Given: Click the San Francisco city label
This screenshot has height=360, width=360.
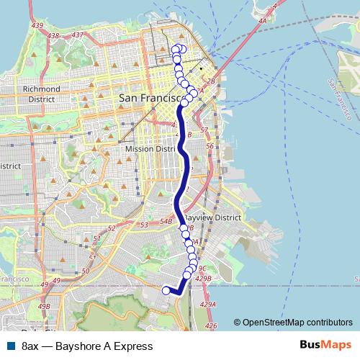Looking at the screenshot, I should (x=148, y=97).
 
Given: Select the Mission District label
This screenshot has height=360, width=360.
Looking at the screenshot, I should (x=151, y=148).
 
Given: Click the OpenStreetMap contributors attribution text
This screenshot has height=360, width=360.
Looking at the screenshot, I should (x=292, y=323).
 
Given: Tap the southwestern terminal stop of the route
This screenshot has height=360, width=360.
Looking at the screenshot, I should (x=166, y=290).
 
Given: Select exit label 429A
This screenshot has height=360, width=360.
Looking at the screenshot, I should (x=207, y=305).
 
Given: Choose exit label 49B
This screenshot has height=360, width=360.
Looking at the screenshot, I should (x=44, y=307).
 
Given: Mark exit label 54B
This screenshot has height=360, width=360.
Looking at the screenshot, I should (x=166, y=222).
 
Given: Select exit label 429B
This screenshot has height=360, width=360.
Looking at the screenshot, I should (x=204, y=277).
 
